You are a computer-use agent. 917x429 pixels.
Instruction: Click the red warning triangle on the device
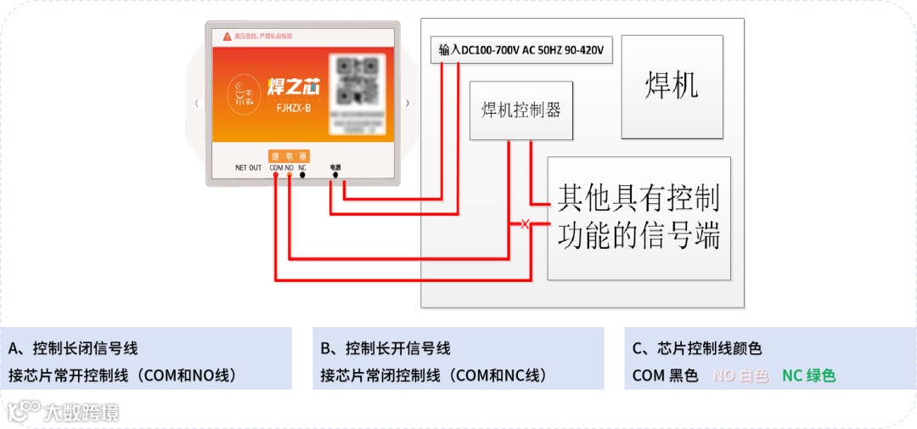227,37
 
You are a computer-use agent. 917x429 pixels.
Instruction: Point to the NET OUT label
248,167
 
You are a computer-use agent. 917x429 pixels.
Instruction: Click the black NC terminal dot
302,175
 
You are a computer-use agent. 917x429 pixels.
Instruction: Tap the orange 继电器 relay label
289,155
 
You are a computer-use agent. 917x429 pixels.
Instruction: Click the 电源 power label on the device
336,167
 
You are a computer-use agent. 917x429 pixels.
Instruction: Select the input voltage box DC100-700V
520,51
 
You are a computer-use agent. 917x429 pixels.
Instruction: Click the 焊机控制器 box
521,110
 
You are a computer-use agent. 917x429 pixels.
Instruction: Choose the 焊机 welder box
672,87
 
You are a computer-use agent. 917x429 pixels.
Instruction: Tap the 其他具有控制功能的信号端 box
639,218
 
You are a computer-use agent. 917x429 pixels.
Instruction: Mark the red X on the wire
525,224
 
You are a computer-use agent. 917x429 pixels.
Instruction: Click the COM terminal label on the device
276,167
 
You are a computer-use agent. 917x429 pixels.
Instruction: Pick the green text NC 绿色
808,375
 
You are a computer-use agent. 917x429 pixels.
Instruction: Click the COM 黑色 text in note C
665,375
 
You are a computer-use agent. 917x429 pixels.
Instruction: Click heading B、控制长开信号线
385,348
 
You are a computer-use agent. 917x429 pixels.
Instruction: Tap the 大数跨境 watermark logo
64,413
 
